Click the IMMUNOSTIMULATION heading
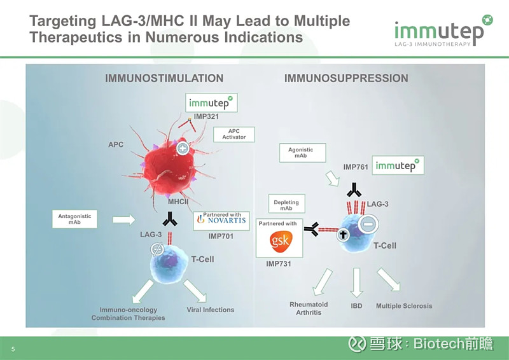[164, 78]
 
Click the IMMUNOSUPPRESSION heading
[346, 78]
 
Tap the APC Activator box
[234, 134]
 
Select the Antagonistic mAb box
[74, 219]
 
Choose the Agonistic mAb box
[301, 153]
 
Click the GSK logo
[281, 240]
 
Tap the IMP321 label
[207, 116]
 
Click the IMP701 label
[221, 236]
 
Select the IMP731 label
[278, 263]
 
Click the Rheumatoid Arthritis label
[309, 308]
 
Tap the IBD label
[357, 306]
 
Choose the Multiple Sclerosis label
[404, 306]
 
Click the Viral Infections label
[211, 310]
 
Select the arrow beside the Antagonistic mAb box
[123, 219]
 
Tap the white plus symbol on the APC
[183, 149]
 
